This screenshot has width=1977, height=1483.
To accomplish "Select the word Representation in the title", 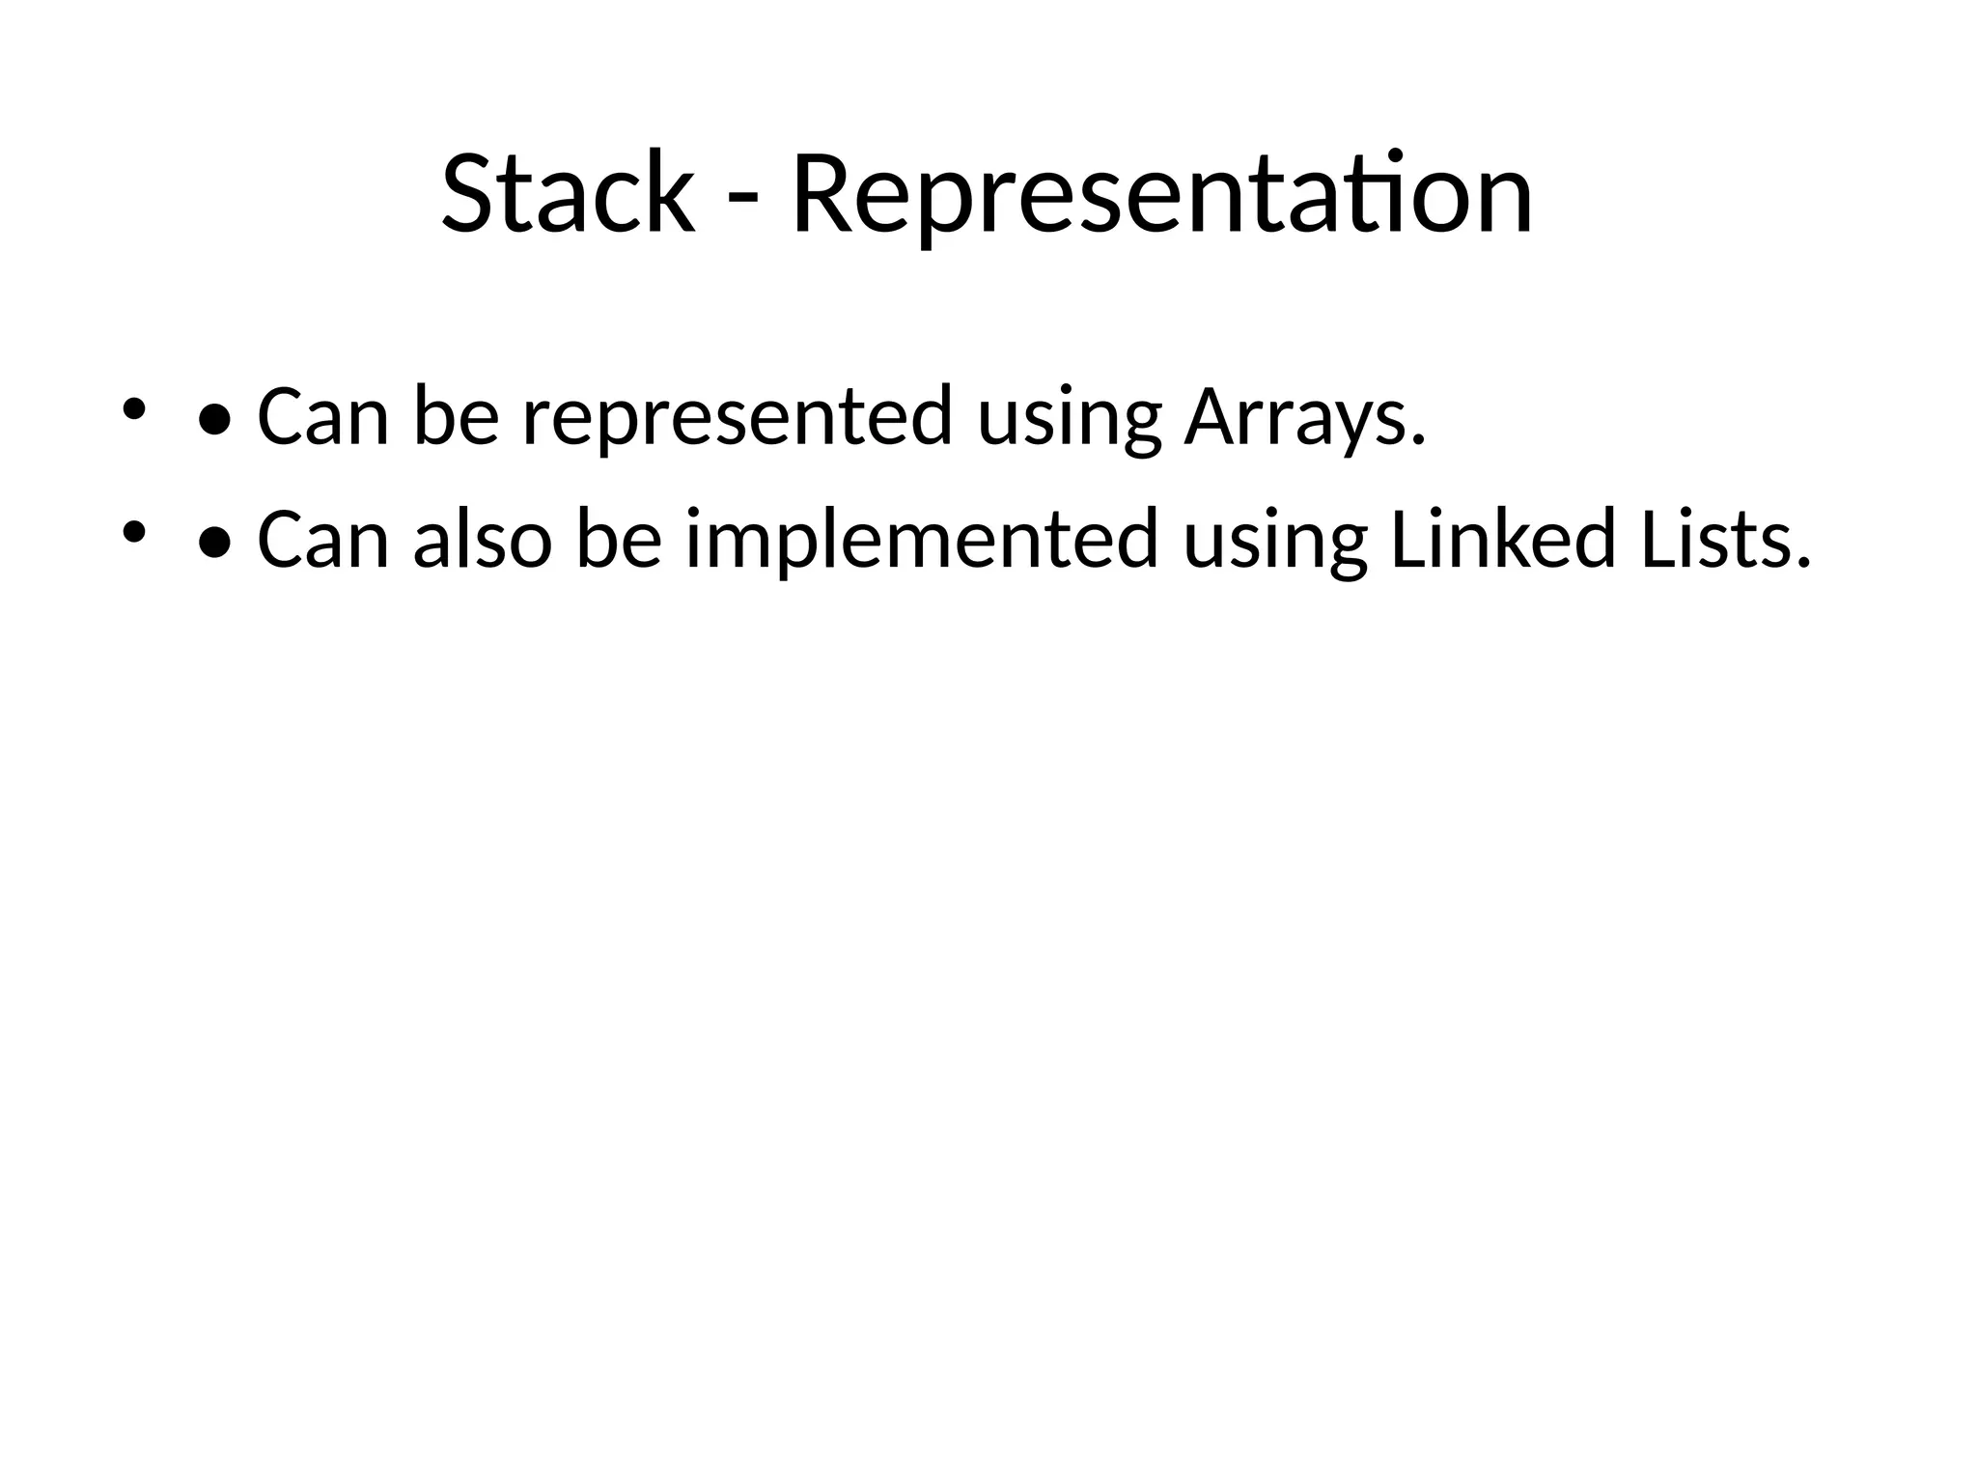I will (1161, 196).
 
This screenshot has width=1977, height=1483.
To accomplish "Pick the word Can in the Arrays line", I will (322, 417).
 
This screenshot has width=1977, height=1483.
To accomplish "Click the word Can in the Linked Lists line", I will (322, 541).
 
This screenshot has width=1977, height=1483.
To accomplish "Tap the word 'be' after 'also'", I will (619, 541).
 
